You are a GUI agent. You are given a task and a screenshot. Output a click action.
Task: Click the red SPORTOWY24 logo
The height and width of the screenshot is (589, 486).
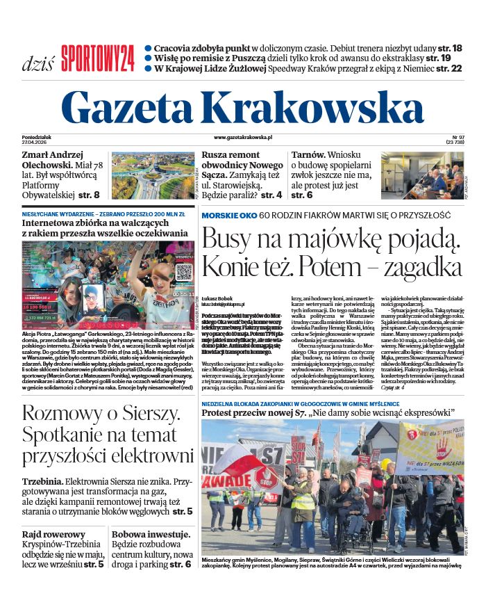(x=97, y=58)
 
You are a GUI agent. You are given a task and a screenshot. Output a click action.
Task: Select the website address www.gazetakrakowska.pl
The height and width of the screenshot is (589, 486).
(x=243, y=138)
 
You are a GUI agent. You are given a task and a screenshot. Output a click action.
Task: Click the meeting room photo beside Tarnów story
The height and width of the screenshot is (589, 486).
(x=421, y=176)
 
